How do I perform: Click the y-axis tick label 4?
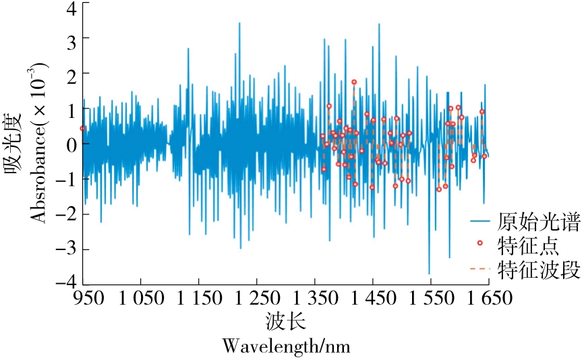coord(70,6)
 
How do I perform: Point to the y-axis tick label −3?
coord(65,249)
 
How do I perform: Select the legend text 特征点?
coord(527,243)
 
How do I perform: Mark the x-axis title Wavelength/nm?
coord(286,347)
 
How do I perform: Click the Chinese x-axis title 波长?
coord(286,320)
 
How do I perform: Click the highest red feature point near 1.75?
coord(354,82)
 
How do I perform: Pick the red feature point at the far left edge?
coord(83,128)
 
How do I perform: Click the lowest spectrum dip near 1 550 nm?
coord(430,273)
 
